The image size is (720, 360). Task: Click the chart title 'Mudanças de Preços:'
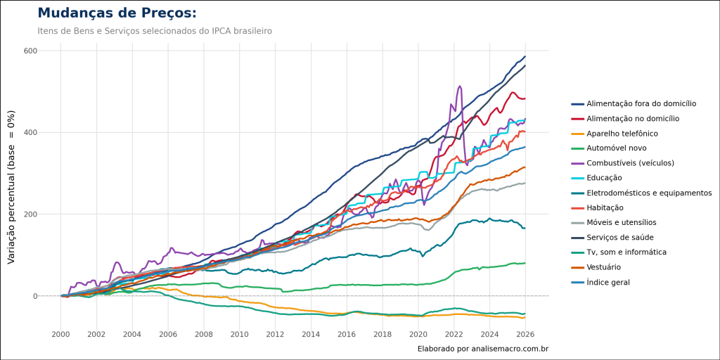(117, 13)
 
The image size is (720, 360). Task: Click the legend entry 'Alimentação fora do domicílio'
(642, 103)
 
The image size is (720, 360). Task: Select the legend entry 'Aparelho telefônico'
(622, 133)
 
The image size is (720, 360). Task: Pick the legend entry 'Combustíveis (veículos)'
(631, 163)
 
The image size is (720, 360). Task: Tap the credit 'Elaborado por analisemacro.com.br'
(482, 349)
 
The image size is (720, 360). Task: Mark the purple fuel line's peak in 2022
(460, 86)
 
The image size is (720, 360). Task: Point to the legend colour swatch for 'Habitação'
(577, 207)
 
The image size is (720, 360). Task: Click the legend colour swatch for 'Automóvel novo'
(577, 148)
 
